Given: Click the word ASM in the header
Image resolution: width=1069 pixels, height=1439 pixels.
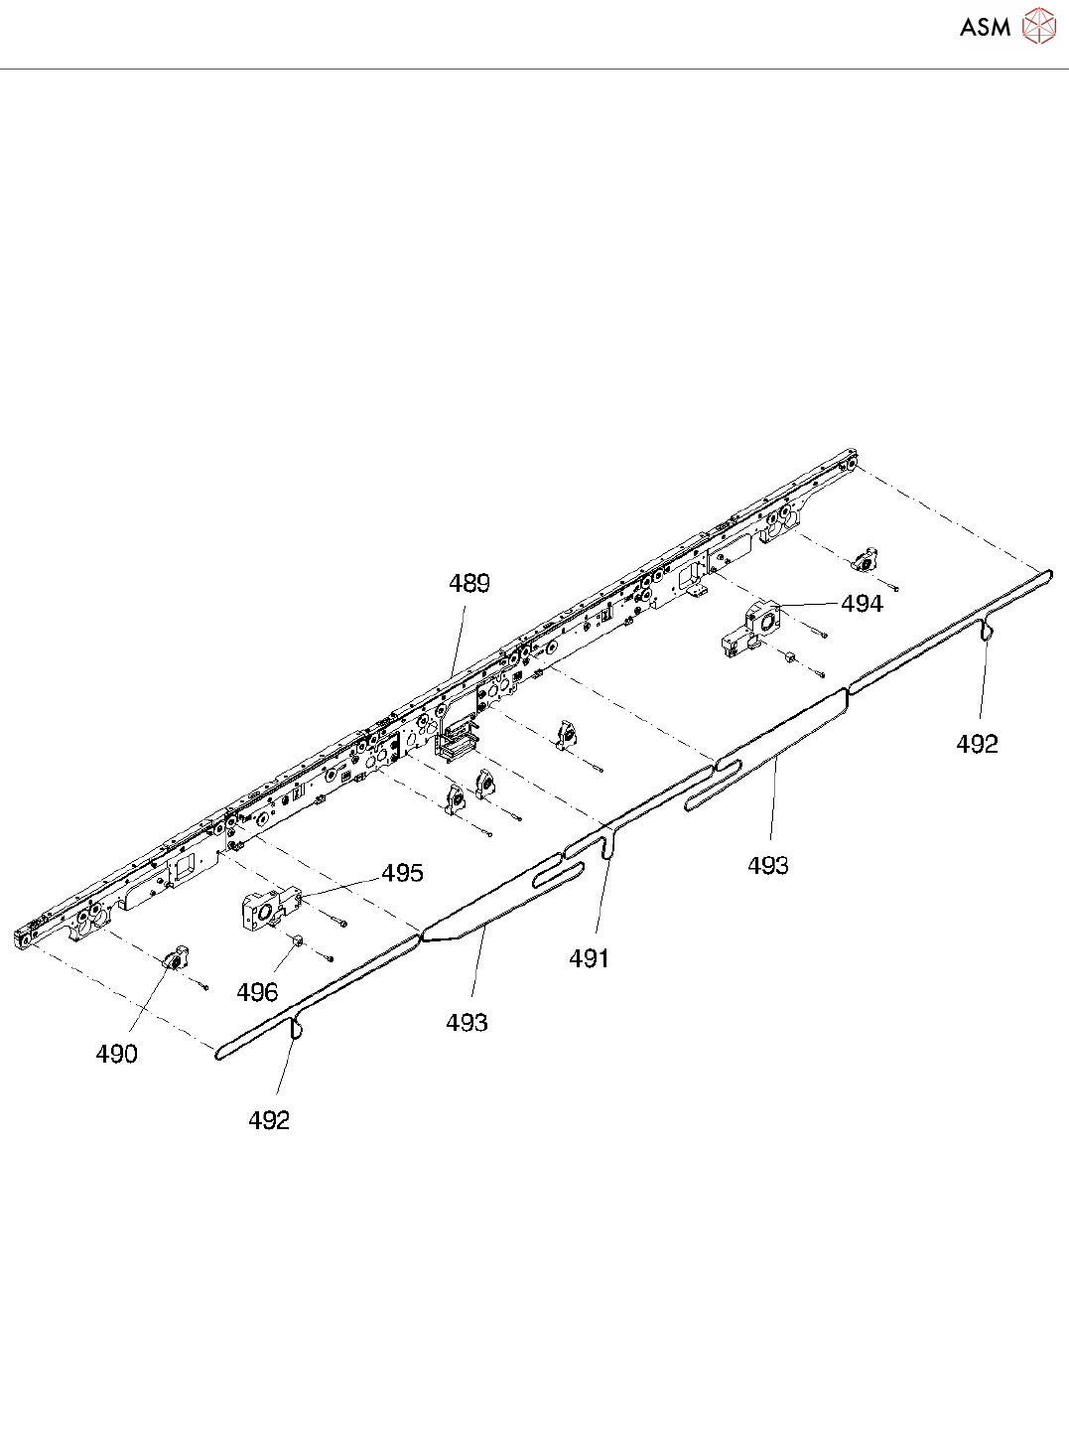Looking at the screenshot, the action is [x=985, y=27].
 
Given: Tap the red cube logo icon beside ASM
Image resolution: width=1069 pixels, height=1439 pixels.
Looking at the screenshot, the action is [x=1038, y=27].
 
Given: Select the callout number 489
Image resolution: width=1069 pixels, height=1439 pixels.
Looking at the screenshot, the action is [x=469, y=583].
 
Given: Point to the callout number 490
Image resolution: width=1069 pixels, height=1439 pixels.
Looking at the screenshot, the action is [x=116, y=1054].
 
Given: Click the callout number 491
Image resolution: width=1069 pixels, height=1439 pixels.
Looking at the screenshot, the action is [x=589, y=958].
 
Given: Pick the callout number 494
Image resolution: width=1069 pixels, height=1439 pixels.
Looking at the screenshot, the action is [x=862, y=603].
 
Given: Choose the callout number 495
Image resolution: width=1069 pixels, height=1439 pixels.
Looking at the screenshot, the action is [x=402, y=873].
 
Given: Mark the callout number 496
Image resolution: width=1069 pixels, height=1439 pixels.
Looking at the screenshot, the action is [x=257, y=992].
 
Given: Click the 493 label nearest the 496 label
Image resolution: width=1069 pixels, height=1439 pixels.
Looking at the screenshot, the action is [x=467, y=1022].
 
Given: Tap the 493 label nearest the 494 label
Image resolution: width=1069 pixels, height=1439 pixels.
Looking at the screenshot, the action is [x=768, y=866].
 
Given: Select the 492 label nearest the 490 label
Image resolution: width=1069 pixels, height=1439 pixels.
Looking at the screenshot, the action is [x=269, y=1120].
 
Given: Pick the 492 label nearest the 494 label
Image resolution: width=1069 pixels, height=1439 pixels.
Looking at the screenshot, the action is [x=977, y=744].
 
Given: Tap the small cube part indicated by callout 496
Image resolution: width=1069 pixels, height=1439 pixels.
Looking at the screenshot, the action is [x=295, y=940].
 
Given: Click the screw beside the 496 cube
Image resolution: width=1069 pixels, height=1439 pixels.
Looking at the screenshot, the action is [x=329, y=958].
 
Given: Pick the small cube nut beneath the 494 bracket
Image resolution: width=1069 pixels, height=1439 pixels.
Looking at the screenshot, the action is [x=788, y=657].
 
